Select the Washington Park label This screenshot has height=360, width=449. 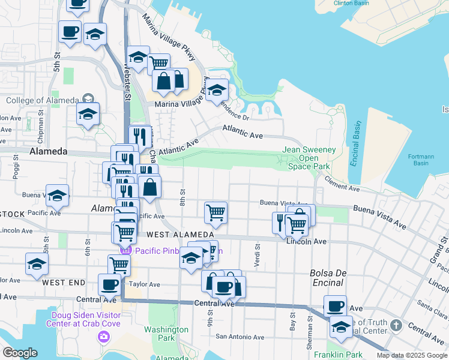(166, 334)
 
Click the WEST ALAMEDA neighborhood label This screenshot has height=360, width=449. (180, 234)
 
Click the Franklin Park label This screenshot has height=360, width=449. (337, 354)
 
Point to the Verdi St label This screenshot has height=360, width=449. (258, 258)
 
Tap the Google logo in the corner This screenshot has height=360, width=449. (20, 352)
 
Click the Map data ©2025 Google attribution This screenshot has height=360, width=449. (412, 355)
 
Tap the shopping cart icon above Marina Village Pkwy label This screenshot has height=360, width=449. (158, 64)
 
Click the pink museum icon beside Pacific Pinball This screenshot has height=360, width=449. (125, 251)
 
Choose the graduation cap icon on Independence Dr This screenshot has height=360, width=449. (217, 91)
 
